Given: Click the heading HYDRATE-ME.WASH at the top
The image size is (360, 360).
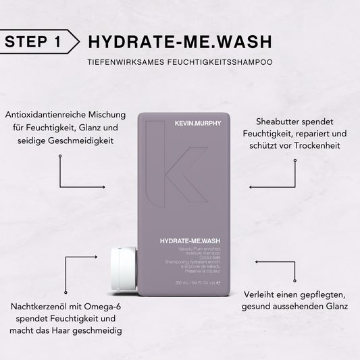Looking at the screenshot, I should point(180,41).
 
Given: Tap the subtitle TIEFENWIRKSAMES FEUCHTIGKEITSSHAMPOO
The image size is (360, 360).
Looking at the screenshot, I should point(180,62).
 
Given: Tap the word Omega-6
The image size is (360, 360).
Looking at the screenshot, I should point(116,307).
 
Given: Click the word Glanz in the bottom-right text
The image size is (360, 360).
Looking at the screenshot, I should point(334,306).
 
